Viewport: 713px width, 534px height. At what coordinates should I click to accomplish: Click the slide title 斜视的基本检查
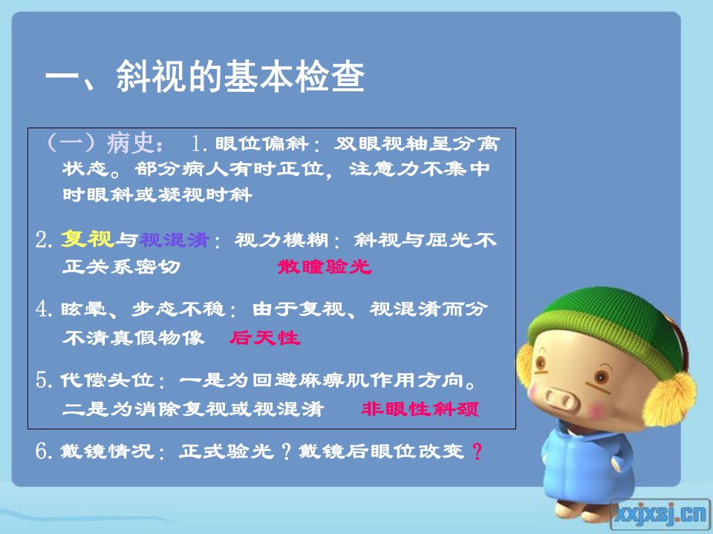click(x=241, y=76)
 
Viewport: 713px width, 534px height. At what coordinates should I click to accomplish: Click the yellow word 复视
click(x=88, y=240)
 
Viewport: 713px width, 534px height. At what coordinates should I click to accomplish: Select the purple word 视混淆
click(x=175, y=240)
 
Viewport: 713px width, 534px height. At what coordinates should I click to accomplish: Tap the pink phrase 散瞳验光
click(x=325, y=266)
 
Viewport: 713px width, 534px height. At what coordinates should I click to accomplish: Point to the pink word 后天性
click(x=264, y=338)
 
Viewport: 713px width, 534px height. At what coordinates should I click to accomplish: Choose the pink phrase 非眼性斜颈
click(x=420, y=409)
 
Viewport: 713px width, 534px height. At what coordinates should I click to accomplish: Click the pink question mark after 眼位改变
click(x=477, y=452)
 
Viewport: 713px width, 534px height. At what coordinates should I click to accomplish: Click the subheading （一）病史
click(x=104, y=143)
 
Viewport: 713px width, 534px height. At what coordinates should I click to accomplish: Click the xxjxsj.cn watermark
click(x=661, y=513)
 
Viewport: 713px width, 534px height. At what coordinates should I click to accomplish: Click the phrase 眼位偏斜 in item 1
click(x=262, y=144)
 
